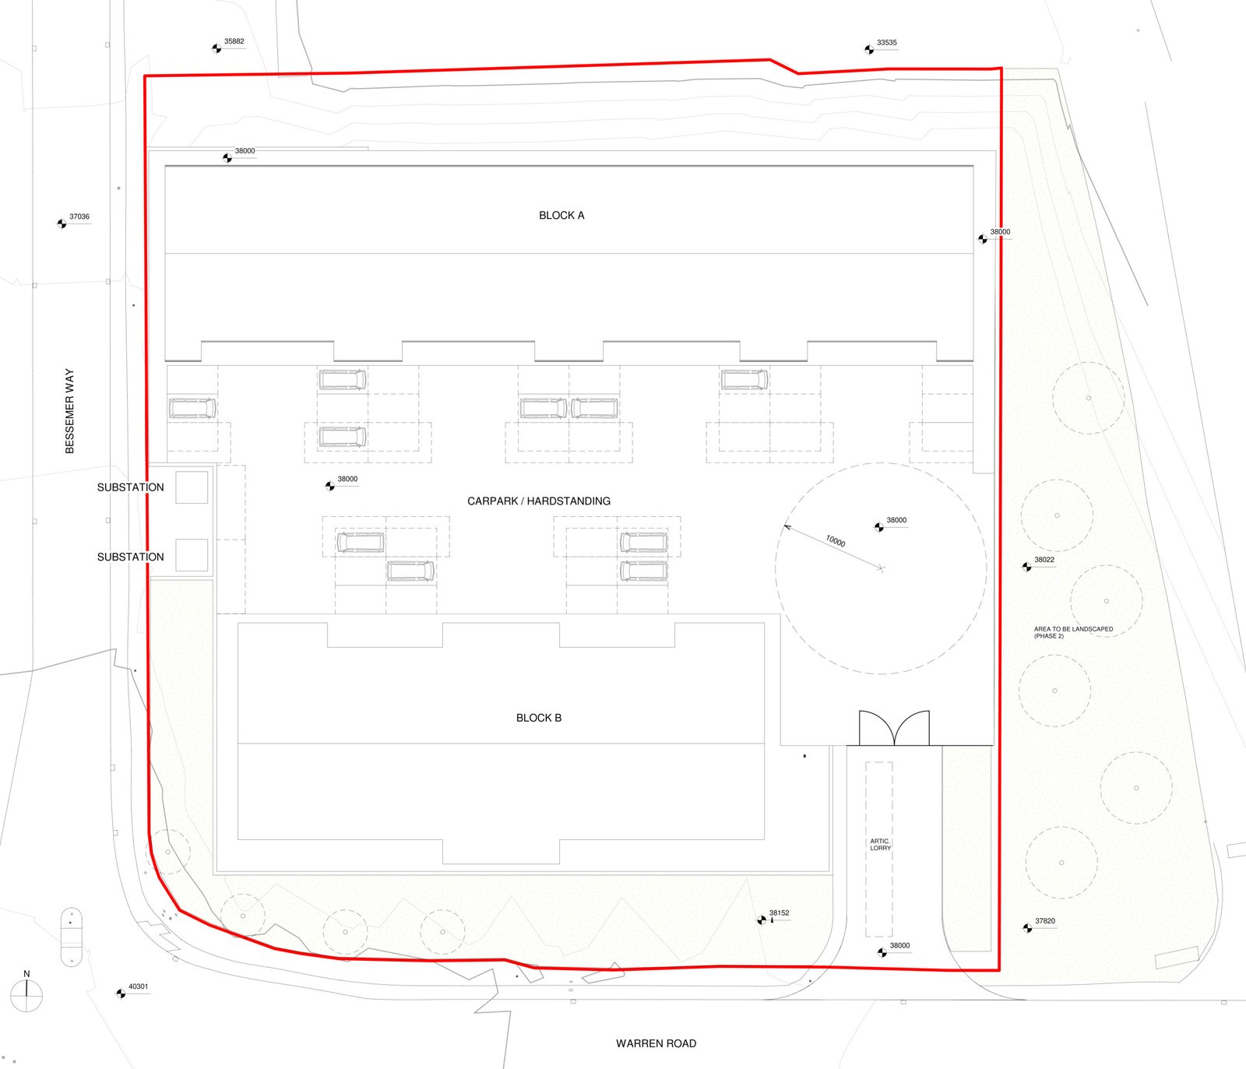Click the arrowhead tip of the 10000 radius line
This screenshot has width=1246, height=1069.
point(783,526)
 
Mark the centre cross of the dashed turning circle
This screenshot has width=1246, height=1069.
point(881,568)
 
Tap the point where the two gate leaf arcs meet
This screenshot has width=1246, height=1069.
point(895,745)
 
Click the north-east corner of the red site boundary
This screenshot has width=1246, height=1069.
point(1001,69)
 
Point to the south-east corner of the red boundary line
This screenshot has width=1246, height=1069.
point(999,970)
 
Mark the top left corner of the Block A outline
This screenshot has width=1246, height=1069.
point(165,166)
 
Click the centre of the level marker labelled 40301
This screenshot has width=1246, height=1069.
point(121,993)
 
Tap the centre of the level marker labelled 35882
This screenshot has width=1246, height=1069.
point(217,48)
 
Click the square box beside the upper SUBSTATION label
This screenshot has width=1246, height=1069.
point(192,487)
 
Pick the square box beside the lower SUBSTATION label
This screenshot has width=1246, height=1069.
point(192,555)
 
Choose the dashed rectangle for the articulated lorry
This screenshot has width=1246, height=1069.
point(879,849)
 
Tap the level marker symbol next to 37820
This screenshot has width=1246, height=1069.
point(1028,928)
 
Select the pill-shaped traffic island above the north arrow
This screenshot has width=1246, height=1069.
point(71,937)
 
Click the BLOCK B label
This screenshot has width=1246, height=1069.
point(539,718)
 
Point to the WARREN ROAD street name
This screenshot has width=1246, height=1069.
point(656,1043)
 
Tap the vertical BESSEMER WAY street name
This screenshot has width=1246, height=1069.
point(69,411)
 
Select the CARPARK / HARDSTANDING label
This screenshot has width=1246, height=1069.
point(539,501)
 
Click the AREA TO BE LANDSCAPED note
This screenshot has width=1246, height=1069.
point(1073,632)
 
